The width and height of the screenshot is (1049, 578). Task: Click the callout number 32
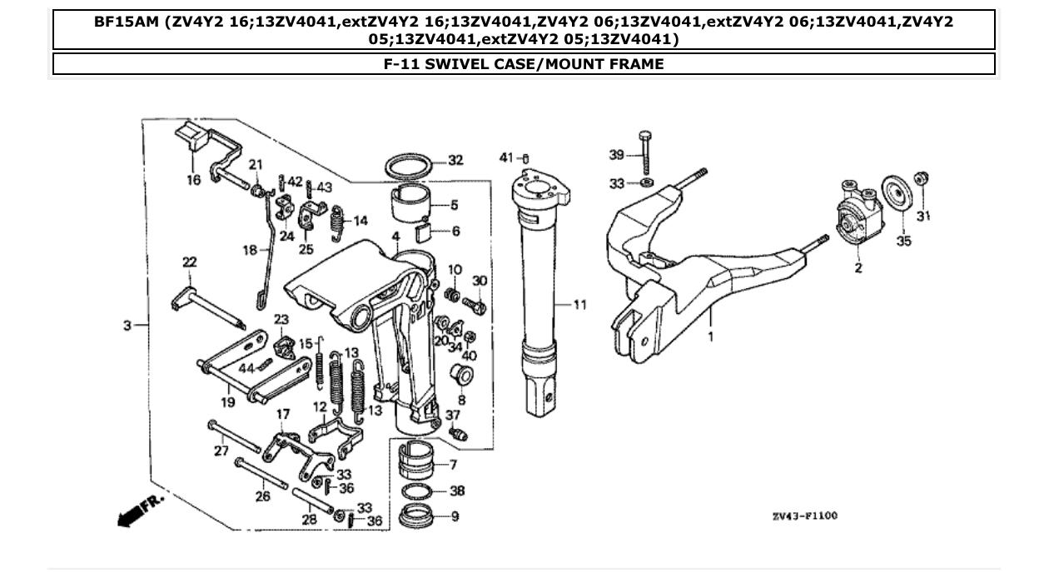(x=455, y=161)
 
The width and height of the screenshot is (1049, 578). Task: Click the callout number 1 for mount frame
(x=710, y=336)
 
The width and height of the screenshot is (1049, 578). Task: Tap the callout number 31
(x=923, y=216)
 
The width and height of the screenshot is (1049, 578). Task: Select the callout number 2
(x=858, y=268)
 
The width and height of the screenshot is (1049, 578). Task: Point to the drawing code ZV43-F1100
(x=804, y=516)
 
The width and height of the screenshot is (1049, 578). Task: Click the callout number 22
(x=190, y=262)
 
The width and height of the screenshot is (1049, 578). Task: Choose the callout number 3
(x=127, y=326)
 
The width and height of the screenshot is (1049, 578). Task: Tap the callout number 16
(x=193, y=180)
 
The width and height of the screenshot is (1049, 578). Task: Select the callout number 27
(x=221, y=451)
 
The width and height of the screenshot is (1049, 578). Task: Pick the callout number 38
(x=456, y=491)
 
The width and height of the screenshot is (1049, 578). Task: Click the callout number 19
(x=227, y=401)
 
